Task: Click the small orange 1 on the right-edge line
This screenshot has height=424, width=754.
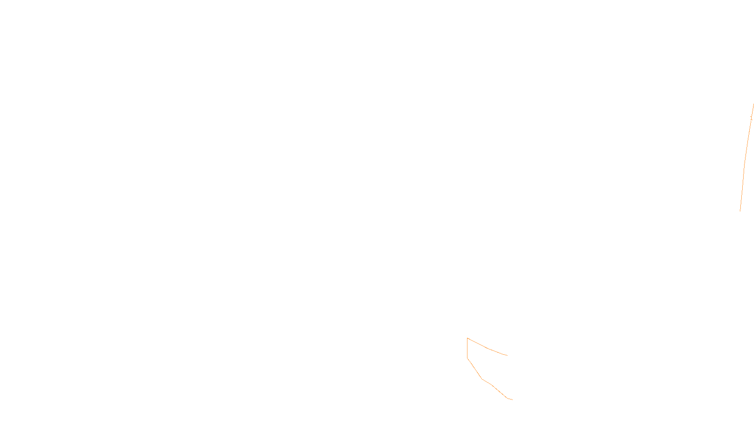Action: pos(751,118)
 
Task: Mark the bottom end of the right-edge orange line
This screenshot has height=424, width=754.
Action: pos(740,211)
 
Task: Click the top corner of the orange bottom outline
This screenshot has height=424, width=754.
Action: pos(467,338)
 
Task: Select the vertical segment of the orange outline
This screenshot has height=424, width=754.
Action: pos(467,349)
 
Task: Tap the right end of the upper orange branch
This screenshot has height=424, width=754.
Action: pos(507,355)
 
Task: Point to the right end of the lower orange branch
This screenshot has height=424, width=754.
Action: pos(512,400)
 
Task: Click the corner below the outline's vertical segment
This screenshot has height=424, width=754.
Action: pos(467,359)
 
